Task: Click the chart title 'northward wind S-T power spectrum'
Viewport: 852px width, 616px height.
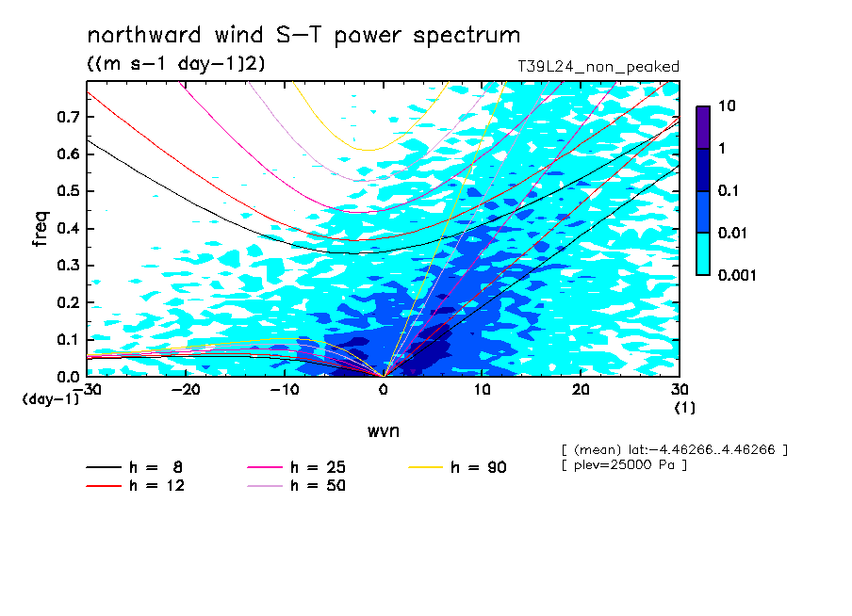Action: tap(303, 35)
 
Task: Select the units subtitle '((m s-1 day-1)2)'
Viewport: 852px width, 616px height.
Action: tap(176, 63)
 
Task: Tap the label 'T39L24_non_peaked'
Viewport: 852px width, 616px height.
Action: tap(598, 67)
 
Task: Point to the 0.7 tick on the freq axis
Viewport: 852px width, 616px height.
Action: tap(69, 117)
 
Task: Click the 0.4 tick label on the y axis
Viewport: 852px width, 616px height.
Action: tap(69, 228)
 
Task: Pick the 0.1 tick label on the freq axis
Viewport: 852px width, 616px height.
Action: tap(69, 339)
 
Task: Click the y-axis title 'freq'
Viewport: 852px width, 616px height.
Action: tap(41, 229)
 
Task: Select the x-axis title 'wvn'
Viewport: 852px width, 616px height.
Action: tap(384, 431)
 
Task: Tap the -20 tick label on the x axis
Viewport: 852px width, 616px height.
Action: tap(186, 390)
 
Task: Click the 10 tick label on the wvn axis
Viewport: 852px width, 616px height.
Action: tap(482, 390)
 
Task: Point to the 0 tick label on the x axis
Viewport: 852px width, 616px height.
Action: tap(384, 390)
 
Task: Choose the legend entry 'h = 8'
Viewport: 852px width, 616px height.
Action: tap(134, 467)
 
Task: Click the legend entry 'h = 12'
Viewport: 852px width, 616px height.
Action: tap(136, 486)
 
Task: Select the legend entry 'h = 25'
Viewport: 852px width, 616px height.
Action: tap(296, 467)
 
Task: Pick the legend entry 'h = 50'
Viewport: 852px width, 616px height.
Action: tap(296, 486)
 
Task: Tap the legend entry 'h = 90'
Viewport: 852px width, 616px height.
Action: tap(457, 467)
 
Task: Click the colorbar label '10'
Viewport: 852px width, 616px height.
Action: tap(727, 105)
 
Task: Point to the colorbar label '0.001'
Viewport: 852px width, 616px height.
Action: tap(737, 275)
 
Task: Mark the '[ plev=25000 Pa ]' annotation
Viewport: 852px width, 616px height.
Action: tap(624, 465)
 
